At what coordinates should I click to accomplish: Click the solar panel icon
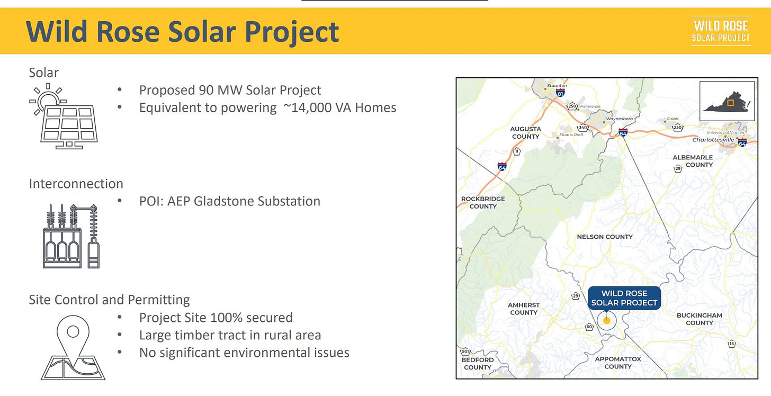(x=64, y=116)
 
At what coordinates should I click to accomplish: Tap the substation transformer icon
(x=71, y=236)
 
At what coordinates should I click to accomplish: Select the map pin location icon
(x=73, y=347)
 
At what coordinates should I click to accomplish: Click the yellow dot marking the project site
(x=606, y=321)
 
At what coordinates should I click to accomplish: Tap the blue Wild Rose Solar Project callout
(x=624, y=298)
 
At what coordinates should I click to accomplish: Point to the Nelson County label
(x=605, y=237)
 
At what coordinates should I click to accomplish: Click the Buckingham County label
(x=700, y=319)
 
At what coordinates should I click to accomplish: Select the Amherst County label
(x=524, y=309)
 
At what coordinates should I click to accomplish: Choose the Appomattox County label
(x=618, y=363)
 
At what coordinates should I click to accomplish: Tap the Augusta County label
(x=526, y=132)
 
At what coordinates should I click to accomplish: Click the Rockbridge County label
(x=483, y=202)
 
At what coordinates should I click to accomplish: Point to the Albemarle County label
(x=693, y=160)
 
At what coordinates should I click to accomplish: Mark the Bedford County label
(x=478, y=363)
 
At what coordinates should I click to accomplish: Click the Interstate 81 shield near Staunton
(x=560, y=93)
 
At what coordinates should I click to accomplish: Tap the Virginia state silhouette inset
(x=727, y=101)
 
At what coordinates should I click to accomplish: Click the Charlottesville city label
(x=713, y=140)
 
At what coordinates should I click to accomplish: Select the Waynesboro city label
(x=619, y=119)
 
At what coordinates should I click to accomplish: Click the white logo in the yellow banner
(x=721, y=31)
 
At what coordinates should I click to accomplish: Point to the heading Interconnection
(x=76, y=184)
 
